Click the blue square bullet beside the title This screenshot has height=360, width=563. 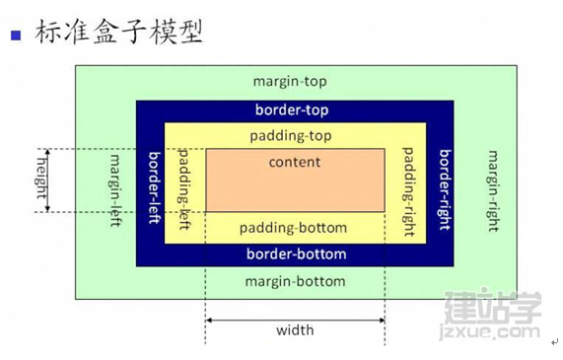click(16, 36)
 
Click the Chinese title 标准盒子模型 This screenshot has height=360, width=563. click(119, 32)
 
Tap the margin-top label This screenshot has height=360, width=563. click(290, 81)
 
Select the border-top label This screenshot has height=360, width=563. click(292, 109)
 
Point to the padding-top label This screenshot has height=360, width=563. click(291, 136)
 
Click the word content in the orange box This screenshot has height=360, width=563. click(295, 162)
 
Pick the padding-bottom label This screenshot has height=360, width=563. click(293, 228)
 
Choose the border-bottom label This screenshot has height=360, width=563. click(296, 254)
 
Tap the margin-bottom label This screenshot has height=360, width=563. click(295, 281)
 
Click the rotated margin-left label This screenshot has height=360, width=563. click(115, 190)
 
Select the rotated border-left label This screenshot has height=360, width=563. click(155, 187)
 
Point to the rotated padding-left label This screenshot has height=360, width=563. click(183, 189)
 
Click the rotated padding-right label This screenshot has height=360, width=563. click(408, 191)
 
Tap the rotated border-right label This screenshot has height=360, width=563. click(446, 189)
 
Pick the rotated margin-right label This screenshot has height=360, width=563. click(493, 191)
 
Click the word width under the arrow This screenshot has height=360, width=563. click(295, 329)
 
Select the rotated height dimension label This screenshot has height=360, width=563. click(41, 179)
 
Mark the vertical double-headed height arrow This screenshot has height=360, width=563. click(48, 180)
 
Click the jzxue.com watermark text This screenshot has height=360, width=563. click(490, 331)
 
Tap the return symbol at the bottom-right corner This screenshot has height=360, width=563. click(555, 341)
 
